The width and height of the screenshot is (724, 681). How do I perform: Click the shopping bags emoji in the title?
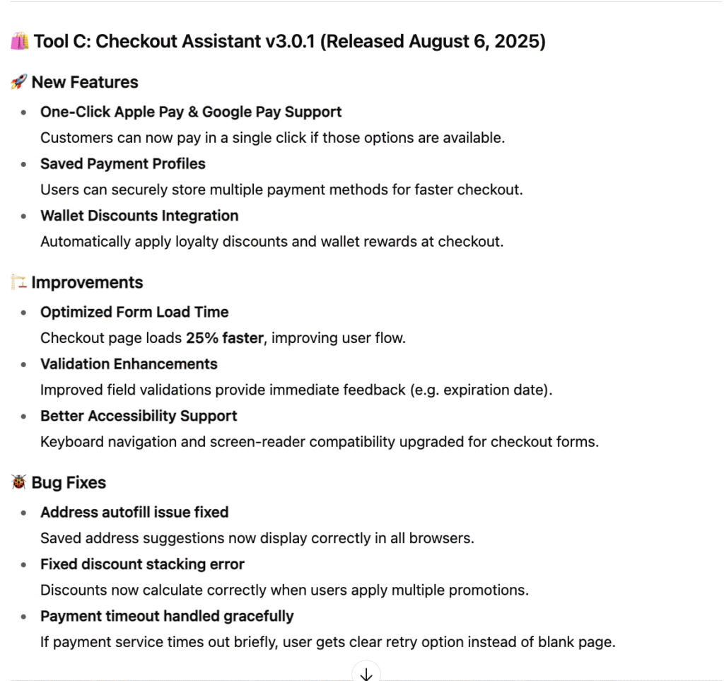point(19,42)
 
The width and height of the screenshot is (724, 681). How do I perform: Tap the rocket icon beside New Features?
point(18,83)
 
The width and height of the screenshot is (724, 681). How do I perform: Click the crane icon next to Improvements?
point(18,283)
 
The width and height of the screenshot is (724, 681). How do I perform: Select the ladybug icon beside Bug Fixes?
point(18,483)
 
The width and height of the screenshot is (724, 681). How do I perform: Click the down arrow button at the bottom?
point(366,673)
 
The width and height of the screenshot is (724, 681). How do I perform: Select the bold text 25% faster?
point(225,338)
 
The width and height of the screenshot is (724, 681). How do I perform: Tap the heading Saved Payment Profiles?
point(122,164)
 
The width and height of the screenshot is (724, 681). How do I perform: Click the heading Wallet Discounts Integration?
point(139,216)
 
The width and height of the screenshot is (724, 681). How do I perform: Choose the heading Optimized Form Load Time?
point(134,312)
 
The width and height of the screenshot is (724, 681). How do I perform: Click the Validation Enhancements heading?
point(129,364)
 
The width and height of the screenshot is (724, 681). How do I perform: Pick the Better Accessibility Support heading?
point(139,416)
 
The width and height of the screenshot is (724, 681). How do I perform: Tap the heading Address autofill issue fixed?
point(134,512)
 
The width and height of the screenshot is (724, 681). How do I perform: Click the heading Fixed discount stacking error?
point(142,564)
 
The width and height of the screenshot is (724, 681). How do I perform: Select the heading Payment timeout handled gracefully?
point(167,616)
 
